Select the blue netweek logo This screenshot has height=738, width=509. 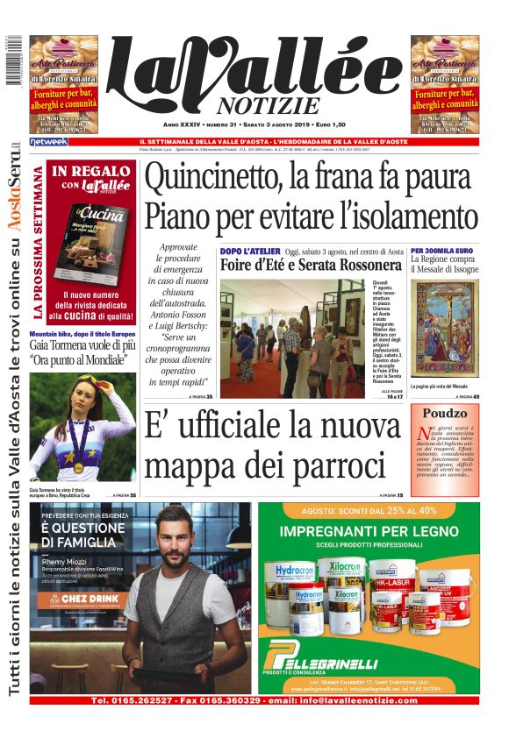pos(48,141)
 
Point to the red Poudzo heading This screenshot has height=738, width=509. pos(445,413)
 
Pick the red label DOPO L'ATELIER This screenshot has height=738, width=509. pos(248,252)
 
